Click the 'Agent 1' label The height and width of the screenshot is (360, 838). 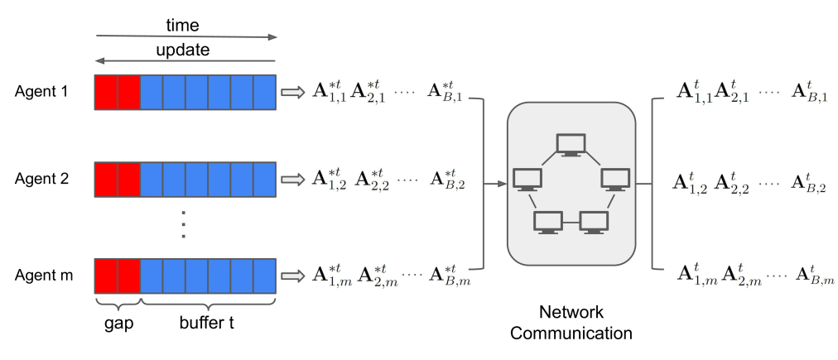[x=41, y=92]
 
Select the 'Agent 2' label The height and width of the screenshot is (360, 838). [x=41, y=179]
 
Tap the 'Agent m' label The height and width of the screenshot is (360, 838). [x=44, y=276]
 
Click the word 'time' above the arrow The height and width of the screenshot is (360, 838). [x=183, y=25]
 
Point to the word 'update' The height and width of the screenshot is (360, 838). [x=183, y=50]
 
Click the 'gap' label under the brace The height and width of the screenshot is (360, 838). [x=118, y=324]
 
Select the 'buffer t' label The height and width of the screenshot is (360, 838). [x=206, y=323]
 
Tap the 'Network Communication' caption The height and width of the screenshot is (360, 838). [x=571, y=322]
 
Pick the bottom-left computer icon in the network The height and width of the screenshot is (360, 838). [x=548, y=223]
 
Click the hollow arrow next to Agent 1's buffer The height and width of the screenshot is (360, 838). [x=291, y=93]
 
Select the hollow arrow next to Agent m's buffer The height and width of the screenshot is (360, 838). [x=291, y=276]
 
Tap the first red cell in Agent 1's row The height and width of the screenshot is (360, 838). [x=106, y=93]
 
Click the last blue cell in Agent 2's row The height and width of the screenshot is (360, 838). [x=264, y=180]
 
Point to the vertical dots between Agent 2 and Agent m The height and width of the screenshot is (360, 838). [x=183, y=223]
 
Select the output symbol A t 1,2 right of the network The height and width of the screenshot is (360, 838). [x=690, y=182]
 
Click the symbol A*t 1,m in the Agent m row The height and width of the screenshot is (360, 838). [x=332, y=276]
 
